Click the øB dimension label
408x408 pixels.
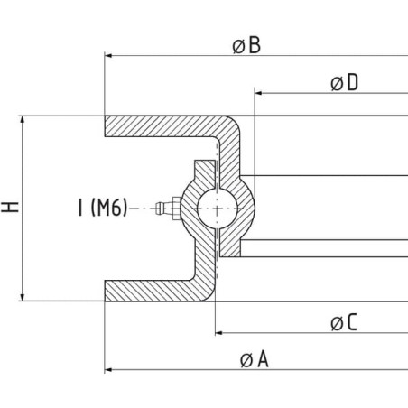[x=246, y=45]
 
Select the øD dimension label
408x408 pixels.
[x=345, y=82]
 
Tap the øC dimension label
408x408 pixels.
[x=344, y=322]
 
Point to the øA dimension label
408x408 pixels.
[x=255, y=359]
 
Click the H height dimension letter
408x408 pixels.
[x=10, y=208]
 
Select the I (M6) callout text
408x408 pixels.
[x=103, y=208]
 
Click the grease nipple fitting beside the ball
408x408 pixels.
[x=168, y=209]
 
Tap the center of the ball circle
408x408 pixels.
[x=218, y=209]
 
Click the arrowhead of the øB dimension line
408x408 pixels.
[x=108, y=56]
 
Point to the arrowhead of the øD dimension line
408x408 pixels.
[x=258, y=93]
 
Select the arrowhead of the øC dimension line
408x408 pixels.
[x=218, y=333]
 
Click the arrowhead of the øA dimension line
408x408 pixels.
[x=108, y=369]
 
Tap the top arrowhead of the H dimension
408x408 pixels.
[x=22, y=120]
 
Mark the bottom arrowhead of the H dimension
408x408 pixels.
[x=22, y=297]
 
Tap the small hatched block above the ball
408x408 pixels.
[x=205, y=172]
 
